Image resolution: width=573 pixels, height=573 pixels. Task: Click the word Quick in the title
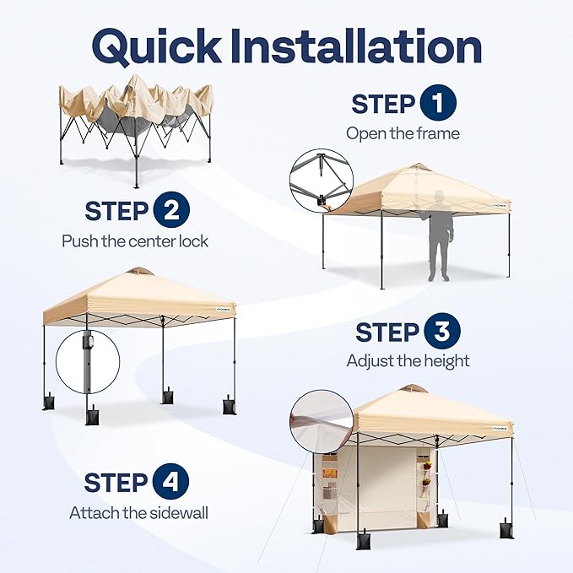156,46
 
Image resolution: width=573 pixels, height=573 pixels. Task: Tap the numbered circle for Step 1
438,103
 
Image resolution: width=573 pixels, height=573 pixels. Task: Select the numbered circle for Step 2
171,210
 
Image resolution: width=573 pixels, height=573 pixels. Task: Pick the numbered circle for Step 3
442,331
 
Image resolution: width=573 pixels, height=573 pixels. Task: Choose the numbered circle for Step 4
170,481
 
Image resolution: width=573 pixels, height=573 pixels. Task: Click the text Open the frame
403,133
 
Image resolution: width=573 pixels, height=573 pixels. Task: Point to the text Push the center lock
135,241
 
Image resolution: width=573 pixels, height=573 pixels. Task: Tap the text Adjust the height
408,361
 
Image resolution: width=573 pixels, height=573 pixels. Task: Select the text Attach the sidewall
138,513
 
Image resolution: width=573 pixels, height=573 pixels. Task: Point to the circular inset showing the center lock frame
322,181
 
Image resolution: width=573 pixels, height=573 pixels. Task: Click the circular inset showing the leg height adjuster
88,362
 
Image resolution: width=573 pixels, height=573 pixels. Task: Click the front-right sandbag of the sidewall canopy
506,528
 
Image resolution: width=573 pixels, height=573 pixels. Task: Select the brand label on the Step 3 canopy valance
224,308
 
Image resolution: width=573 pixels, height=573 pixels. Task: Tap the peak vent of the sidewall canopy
413,389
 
